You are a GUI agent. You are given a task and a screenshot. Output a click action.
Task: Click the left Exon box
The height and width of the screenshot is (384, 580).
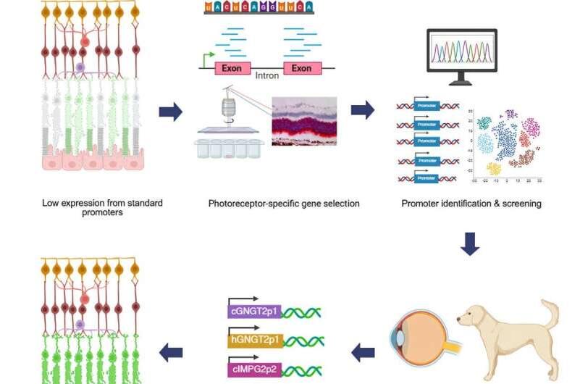232,68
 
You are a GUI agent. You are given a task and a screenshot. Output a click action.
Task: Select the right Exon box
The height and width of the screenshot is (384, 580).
302,68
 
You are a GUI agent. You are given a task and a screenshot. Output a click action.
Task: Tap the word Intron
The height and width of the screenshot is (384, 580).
267,75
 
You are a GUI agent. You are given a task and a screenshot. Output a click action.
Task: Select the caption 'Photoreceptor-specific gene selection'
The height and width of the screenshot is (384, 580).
283,204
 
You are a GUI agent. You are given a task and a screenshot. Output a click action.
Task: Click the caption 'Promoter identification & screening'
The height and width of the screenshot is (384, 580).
471,204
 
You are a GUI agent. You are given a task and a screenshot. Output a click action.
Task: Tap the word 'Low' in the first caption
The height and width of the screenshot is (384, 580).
50,203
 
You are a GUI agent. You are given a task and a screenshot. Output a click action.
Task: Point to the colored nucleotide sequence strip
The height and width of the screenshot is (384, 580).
259,7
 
